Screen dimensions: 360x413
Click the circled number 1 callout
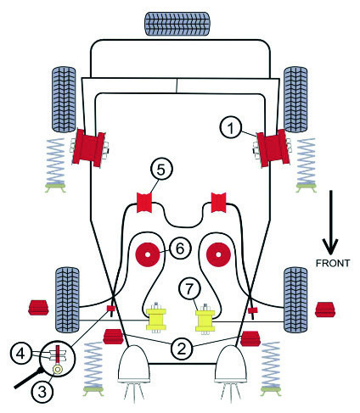pos(231,128)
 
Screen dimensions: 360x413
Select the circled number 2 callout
pos(182,349)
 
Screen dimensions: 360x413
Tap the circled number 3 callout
pos(42,392)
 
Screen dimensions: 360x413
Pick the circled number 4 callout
pos(20,354)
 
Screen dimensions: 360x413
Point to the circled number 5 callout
pos(160,170)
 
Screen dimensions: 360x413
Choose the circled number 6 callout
pos(180,248)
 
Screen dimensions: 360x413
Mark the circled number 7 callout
pos(189,288)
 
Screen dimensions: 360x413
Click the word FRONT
pos(333,263)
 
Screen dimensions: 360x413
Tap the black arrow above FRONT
pos(330,222)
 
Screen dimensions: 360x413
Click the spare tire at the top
pos(177,24)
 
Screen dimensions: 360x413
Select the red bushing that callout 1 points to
pos(273,148)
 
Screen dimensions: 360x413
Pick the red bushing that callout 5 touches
pos(144,203)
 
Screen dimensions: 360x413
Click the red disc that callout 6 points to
pos(148,254)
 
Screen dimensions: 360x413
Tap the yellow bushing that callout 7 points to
pos(205,321)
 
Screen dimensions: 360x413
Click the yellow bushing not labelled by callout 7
pos(156,320)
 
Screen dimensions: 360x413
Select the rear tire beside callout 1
pos(295,99)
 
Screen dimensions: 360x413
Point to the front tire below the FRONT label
pos(295,299)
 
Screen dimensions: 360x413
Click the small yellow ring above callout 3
pos(58,369)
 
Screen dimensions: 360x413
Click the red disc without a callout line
pos(218,254)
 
